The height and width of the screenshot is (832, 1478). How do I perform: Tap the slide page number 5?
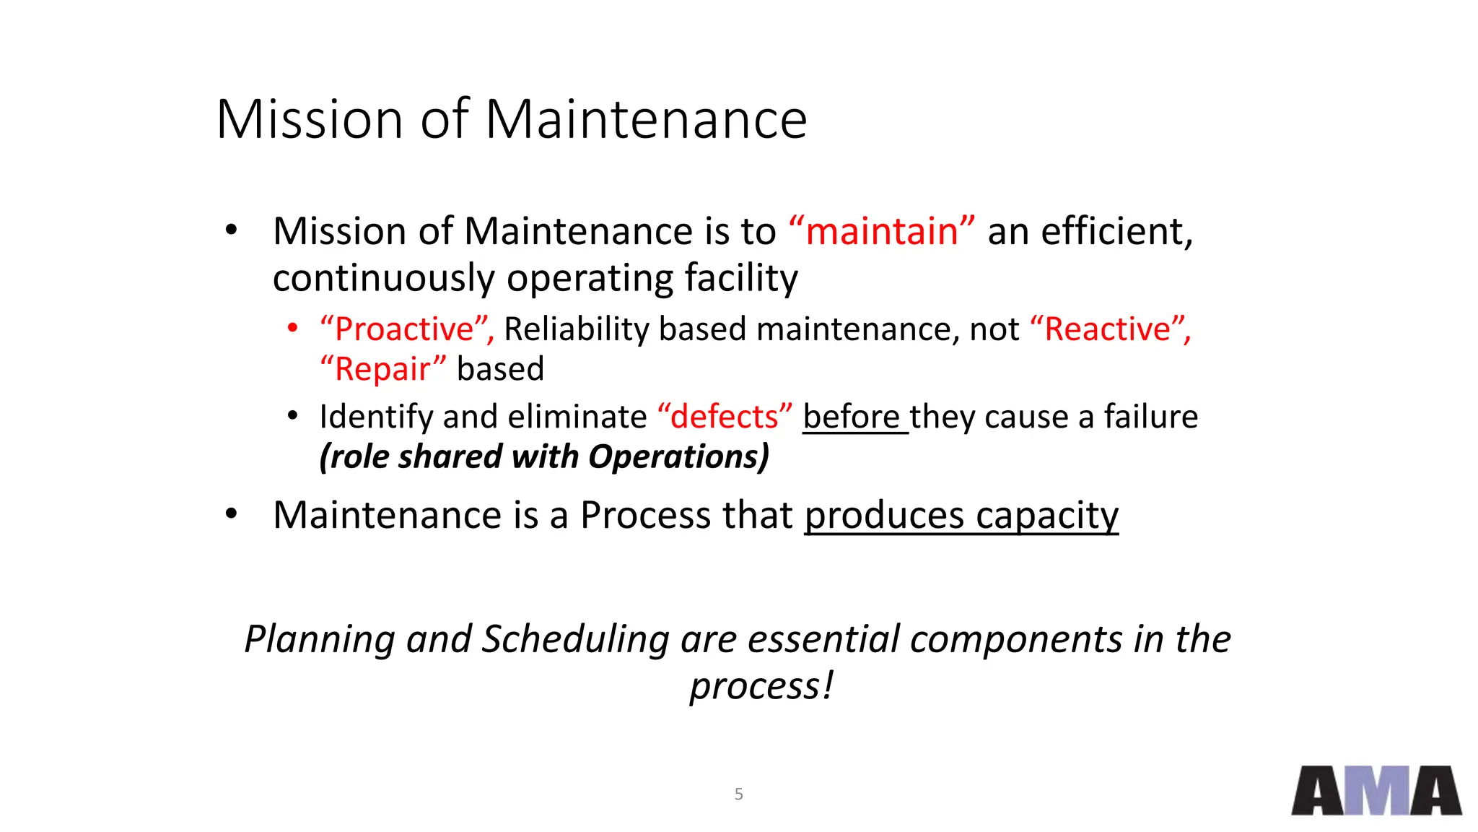738,794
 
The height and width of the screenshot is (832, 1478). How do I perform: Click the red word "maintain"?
881,232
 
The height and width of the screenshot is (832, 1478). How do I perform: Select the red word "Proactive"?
404,329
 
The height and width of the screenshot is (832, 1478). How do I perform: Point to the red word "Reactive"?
1107,329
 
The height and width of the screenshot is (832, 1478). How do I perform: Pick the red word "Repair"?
382,369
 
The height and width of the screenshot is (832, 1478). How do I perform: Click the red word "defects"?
725,417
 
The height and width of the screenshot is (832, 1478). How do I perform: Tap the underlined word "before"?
852,417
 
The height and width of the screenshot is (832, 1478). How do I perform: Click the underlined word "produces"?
884,516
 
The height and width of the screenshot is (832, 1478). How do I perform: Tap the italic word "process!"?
761,686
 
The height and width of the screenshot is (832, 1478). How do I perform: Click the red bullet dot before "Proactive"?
292,329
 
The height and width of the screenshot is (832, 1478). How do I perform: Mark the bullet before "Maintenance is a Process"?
231,514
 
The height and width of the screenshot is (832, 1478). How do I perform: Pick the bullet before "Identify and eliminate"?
292,416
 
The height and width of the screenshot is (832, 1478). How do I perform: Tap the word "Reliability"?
576,329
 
